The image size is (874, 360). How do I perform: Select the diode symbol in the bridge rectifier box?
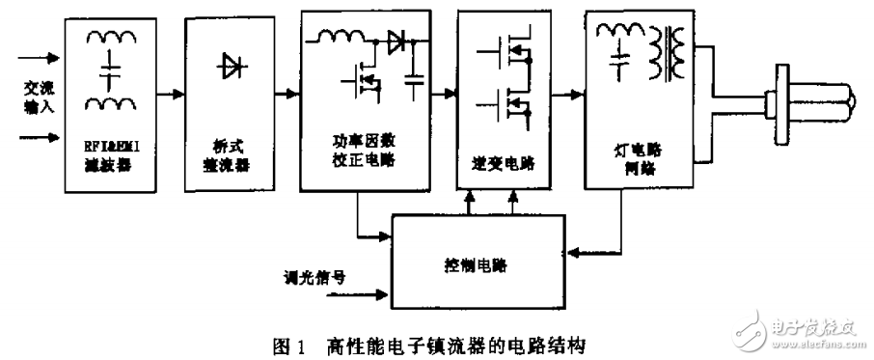coord(229,65)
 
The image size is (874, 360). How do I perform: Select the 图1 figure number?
coord(289,343)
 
